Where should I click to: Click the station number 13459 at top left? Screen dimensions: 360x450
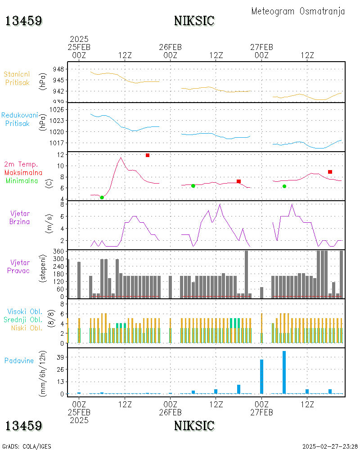(23, 21)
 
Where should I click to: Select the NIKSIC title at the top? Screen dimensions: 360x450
(194, 21)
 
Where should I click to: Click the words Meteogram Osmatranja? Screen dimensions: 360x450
(298, 11)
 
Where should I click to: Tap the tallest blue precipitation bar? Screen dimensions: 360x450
(284, 372)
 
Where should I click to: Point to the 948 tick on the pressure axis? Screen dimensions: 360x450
(58, 69)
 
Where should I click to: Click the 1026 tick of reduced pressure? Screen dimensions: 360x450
(57, 110)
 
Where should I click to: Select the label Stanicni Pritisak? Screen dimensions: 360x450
(17, 78)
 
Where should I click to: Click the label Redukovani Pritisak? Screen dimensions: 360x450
(19, 119)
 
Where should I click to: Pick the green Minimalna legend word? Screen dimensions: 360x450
(22, 181)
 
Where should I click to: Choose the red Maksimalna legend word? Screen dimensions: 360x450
(23, 172)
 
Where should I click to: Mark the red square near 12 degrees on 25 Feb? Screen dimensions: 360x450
(148, 155)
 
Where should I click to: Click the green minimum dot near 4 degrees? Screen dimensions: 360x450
(102, 198)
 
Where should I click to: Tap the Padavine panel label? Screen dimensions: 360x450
(19, 361)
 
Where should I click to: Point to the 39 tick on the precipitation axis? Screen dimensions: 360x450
(60, 357)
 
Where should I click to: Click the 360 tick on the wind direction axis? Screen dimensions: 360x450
(58, 252)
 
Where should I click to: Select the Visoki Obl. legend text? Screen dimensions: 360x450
(25, 311)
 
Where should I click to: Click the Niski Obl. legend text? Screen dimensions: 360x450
(27, 328)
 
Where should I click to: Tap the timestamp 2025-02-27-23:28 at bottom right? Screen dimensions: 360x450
(330, 446)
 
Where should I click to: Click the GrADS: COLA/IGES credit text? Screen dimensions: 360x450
(27, 446)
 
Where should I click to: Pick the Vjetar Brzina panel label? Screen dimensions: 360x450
(19, 217)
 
